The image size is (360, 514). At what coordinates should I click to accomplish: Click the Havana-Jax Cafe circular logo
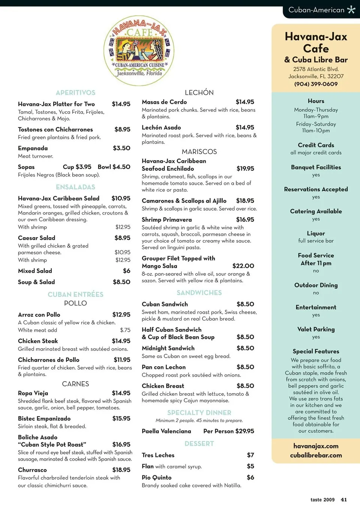click(139, 50)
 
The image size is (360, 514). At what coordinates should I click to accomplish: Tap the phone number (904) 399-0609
click(316, 84)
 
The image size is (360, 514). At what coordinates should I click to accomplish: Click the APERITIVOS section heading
click(75, 93)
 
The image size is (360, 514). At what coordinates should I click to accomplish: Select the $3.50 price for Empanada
click(121, 148)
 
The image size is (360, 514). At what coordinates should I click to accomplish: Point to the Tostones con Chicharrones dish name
click(55, 129)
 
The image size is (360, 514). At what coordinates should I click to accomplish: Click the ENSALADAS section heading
click(75, 187)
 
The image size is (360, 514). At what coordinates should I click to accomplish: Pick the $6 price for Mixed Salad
click(127, 271)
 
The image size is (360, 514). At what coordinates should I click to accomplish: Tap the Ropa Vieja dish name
click(33, 393)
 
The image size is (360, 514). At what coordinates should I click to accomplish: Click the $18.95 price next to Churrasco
click(121, 470)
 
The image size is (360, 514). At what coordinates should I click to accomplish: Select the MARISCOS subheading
click(199, 152)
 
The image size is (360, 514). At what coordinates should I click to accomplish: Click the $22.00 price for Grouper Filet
click(243, 266)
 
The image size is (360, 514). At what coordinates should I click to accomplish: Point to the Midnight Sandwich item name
click(168, 348)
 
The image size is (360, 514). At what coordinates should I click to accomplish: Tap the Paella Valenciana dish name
click(166, 431)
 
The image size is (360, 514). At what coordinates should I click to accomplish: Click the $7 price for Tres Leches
click(250, 455)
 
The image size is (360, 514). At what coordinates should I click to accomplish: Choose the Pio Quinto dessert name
click(156, 477)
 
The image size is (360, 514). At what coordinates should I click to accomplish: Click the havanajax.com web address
click(316, 446)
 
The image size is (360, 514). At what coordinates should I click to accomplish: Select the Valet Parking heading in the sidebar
click(316, 329)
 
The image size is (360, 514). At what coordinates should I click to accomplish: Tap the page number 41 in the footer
click(343, 500)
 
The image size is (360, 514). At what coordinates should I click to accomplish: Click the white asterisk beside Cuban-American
click(351, 9)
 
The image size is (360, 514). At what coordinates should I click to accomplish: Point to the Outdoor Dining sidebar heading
click(316, 285)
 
